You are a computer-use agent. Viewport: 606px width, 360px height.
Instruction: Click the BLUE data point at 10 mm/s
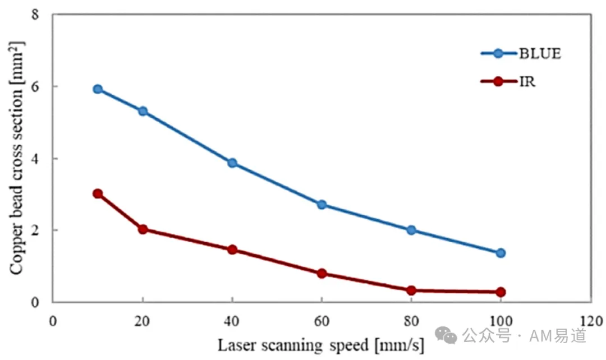coord(98,89)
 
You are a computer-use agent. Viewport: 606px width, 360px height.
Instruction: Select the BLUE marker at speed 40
coord(232,163)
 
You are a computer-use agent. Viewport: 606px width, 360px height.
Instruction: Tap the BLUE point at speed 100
coord(501,253)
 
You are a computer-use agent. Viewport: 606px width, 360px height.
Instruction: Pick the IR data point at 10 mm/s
coord(98,193)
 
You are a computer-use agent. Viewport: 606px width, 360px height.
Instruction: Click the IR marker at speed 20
coord(143,229)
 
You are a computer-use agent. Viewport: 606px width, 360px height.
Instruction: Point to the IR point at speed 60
coord(322,274)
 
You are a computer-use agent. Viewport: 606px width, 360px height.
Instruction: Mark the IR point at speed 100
coord(501,292)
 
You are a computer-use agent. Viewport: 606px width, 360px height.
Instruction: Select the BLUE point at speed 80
coord(411,230)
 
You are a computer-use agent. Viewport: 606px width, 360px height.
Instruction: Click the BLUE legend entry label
coord(540,54)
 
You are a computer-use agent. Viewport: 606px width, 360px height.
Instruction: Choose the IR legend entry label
coord(527,81)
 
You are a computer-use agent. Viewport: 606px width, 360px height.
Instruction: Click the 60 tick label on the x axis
coord(322,321)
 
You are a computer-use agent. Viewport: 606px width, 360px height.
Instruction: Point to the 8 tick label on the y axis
coord(35,15)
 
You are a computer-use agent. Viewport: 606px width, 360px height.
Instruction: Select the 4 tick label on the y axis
coord(35,159)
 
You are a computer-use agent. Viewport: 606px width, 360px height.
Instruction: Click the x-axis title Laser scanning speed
coord(293,345)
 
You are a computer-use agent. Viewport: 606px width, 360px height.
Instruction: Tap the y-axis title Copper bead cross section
coord(16,158)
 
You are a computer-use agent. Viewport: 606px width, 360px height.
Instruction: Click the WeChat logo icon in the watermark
coord(446,335)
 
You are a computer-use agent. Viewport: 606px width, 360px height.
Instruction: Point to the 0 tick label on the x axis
coord(53,321)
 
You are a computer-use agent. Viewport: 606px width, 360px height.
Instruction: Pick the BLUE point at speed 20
coord(143,111)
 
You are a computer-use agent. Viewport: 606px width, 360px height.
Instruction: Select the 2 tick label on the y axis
coord(35,230)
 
